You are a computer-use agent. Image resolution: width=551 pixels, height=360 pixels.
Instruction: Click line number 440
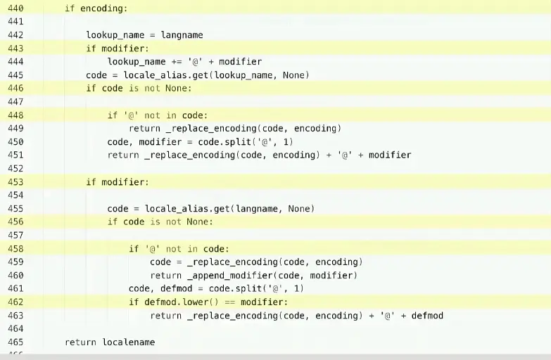(15, 8)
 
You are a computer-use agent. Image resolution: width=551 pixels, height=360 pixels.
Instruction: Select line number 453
(15, 182)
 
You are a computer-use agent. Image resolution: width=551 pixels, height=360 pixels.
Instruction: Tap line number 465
(15, 342)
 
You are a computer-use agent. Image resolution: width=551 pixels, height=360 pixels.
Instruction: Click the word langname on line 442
(182, 35)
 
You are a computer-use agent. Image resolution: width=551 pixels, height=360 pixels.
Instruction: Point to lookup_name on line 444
(137, 62)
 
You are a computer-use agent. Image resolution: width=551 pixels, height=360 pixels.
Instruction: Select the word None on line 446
(177, 89)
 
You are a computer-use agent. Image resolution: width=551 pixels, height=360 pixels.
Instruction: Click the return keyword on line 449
(144, 129)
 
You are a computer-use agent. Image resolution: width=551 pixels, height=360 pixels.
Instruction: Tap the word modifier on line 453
(123, 182)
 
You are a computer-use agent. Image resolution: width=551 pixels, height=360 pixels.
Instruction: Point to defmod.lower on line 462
(171, 302)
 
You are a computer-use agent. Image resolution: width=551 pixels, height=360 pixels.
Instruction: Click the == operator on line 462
(229, 302)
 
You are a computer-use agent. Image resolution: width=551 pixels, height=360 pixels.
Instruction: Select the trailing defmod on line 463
(427, 316)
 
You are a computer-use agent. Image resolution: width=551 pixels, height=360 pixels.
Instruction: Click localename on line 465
(128, 342)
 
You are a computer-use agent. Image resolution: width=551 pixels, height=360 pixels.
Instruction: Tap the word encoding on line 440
(104, 8)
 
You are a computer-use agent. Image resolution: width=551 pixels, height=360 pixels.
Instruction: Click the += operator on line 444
(177, 62)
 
